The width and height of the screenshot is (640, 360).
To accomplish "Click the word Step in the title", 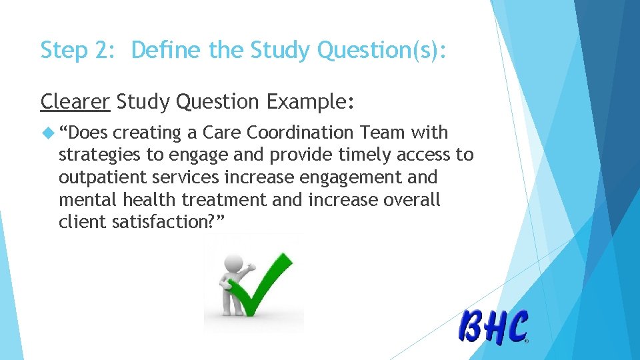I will pyautogui.click(x=63, y=51).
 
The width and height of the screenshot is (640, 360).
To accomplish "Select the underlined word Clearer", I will pyautogui.click(x=75, y=101).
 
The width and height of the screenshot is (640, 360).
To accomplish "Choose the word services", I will pyautogui.click(x=184, y=178).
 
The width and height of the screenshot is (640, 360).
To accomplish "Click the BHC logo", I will pyautogui.click(x=493, y=327).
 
